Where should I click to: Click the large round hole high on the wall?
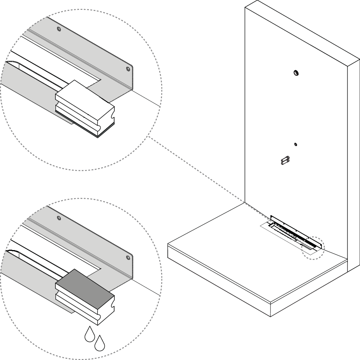(x=296, y=73)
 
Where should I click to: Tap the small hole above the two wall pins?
(x=296, y=144)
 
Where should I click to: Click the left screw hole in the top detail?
(x=59, y=29)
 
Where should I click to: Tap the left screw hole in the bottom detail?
(x=59, y=217)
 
